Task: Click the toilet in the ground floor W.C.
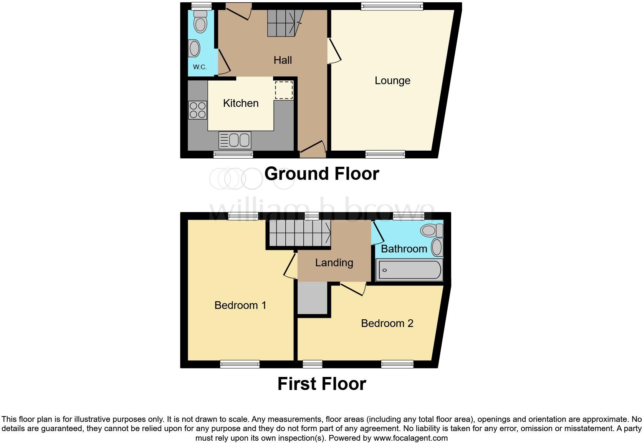[200, 22]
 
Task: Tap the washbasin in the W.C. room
[195, 49]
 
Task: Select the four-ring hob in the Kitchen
[197, 110]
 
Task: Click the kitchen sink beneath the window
[234, 140]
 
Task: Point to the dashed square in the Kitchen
[284, 90]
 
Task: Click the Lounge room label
[392, 81]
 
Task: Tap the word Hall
[283, 60]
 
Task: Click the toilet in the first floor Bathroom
[431, 231]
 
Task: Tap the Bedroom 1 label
[240, 305]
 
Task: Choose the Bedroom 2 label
[387, 324]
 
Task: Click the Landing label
[334, 263]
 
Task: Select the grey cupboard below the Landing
[312, 299]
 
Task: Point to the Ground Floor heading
[321, 174]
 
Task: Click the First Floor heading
[321, 384]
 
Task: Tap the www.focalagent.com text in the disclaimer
[410, 438]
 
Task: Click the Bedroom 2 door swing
[352, 289]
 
